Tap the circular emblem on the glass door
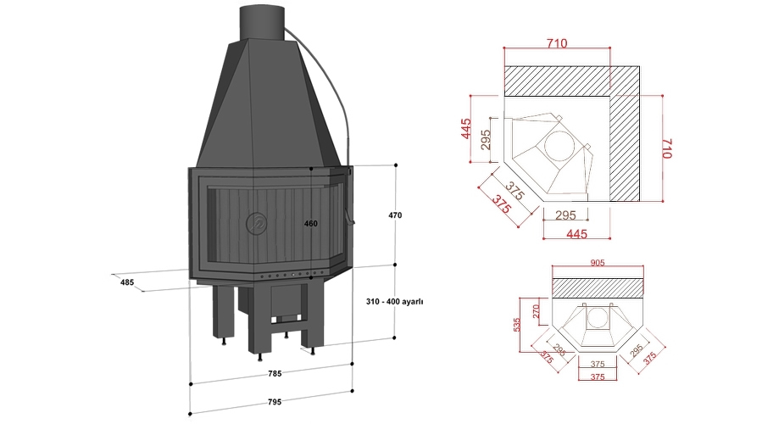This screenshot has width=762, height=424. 256,224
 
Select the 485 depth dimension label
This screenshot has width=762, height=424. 127,281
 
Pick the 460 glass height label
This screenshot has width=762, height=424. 310,224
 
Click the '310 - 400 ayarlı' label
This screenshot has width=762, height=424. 394,301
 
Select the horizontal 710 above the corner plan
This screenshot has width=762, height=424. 556,42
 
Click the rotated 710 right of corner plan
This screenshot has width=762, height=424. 666,148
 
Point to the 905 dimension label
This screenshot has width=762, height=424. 599,263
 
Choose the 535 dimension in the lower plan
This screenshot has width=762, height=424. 518,326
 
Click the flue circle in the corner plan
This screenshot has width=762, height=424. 558,145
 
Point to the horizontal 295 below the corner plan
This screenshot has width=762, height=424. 565,215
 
